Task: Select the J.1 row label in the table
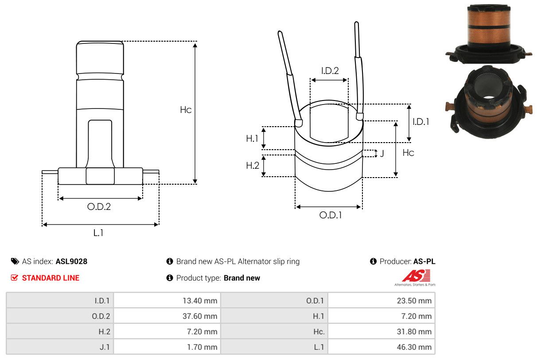tap(105, 347)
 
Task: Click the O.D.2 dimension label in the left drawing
tap(99, 207)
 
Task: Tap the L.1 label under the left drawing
tap(98, 232)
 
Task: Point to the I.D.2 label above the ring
tap(330, 70)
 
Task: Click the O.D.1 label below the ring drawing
tap(331, 216)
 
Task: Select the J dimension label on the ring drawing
tap(382, 154)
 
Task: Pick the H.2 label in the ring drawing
tap(253, 166)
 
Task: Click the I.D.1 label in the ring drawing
tap(420, 122)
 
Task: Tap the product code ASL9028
tap(71, 261)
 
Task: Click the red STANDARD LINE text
tap(51, 278)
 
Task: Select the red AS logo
tap(416, 276)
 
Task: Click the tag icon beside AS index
tap(15, 261)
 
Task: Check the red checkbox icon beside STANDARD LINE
tap(15, 278)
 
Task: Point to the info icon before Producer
tap(373, 261)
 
